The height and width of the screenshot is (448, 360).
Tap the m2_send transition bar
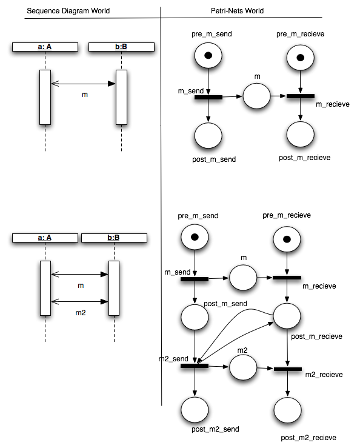point(194,366)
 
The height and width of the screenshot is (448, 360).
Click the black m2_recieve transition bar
point(287,369)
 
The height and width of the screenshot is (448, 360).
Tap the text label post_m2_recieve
point(308,437)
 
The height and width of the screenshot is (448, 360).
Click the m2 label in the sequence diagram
point(80,313)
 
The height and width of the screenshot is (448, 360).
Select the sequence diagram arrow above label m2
point(79,301)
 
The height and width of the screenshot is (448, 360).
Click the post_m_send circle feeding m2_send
point(195,316)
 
